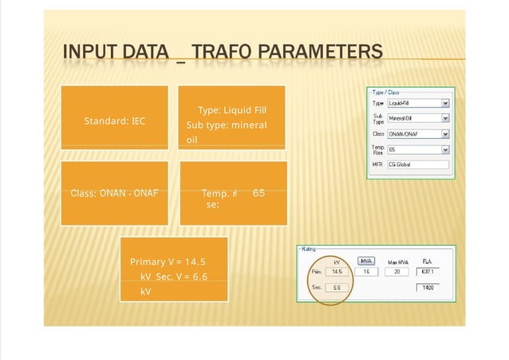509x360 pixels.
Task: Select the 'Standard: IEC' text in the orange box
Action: tap(114, 121)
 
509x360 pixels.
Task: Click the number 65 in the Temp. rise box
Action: tap(258, 193)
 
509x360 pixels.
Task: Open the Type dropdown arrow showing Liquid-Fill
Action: tap(445, 103)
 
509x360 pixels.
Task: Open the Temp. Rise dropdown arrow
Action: tap(445, 148)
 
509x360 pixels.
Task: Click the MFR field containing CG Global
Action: tap(417, 164)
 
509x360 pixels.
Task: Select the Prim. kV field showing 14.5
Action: tap(337, 271)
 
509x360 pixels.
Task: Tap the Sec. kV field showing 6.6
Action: tap(337, 288)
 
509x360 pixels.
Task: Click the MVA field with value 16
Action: tap(366, 271)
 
